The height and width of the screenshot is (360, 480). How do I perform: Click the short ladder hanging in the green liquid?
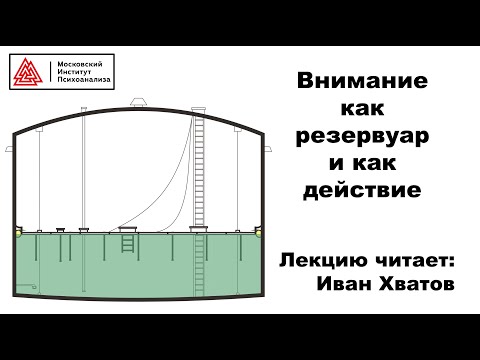(127, 243)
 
